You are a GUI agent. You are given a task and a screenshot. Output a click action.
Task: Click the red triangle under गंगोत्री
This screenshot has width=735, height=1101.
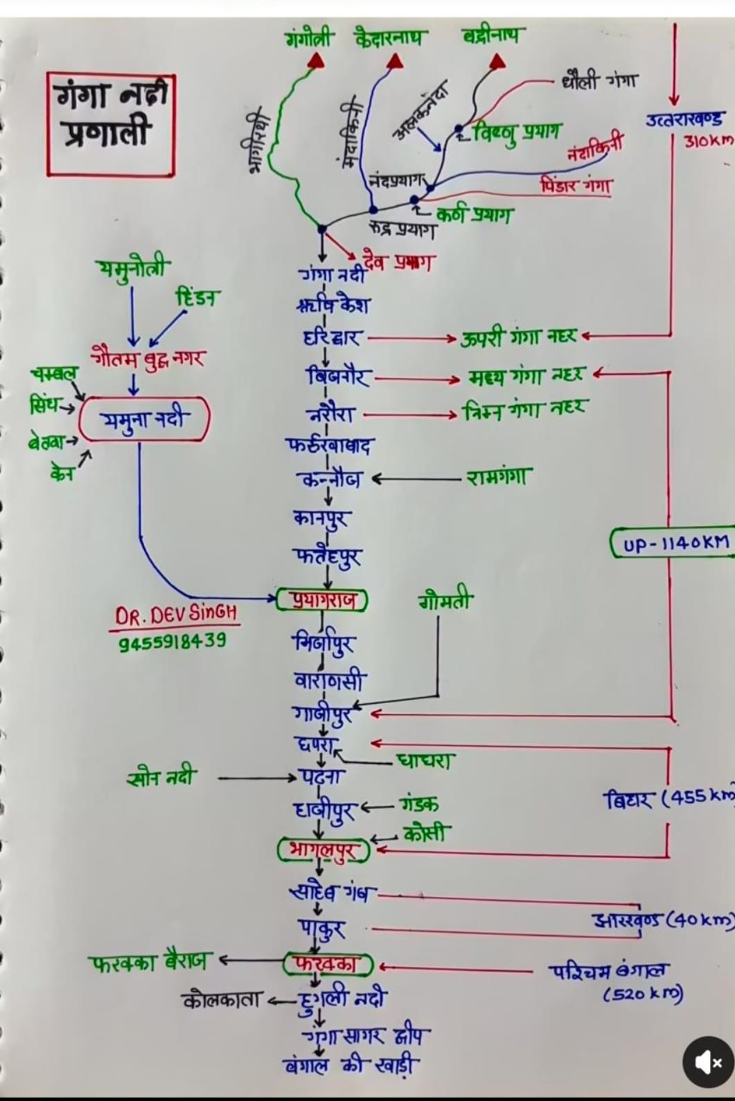[x=316, y=62]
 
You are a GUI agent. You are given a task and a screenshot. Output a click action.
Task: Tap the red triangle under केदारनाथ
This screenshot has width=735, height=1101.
[x=395, y=62]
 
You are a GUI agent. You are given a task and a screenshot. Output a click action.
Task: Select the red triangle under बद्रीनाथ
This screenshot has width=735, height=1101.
[x=497, y=62]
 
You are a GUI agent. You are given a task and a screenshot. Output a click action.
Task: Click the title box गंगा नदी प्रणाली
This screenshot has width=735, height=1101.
[x=111, y=123]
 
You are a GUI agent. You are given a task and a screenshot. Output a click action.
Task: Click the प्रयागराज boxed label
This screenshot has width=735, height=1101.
[x=321, y=599]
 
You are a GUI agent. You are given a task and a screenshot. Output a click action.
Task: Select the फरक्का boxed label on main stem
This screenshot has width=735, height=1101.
[x=328, y=963]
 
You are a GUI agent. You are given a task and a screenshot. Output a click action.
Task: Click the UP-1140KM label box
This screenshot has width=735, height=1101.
[x=671, y=543]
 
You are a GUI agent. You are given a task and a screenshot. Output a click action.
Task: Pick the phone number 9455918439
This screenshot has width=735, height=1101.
[x=172, y=642]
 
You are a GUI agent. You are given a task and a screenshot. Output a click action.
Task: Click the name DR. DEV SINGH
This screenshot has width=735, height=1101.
[x=176, y=615]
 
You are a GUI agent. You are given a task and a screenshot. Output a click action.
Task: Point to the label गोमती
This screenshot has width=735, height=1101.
[x=445, y=601]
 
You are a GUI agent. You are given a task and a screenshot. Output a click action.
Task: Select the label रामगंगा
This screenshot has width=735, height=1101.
[x=499, y=477]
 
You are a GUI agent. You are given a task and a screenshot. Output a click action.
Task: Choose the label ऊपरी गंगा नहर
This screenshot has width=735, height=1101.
[x=519, y=338]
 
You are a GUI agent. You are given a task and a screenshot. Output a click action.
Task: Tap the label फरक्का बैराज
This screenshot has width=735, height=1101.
[x=148, y=962]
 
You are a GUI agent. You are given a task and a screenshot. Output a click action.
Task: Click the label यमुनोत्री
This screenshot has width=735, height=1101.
[x=133, y=268]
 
